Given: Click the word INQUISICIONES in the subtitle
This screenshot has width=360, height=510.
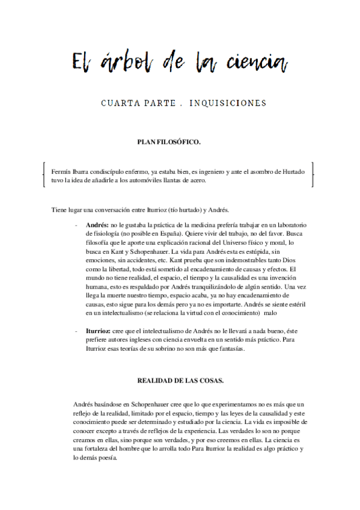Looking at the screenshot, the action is pos(228,103).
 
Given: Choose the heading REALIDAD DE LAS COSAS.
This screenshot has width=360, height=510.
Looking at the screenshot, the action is pos(172,381).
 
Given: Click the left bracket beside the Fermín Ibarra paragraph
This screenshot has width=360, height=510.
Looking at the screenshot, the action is pos(44,175).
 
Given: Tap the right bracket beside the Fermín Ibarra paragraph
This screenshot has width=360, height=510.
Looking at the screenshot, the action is pos(313,175).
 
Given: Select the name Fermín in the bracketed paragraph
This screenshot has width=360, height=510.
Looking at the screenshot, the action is pos(62,171).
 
